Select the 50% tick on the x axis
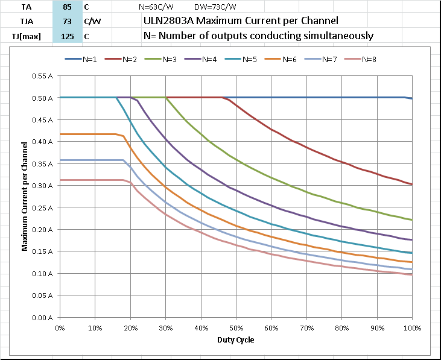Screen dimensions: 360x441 pos(236,327)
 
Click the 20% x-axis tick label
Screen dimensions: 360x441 pos(130,327)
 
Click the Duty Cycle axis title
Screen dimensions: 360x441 pos(236,339)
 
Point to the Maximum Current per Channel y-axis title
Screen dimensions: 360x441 pos(25,196)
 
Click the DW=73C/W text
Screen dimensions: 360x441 pos(215,7)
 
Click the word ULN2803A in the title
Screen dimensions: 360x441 pos(169,21)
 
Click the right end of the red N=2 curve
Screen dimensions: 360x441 pos(411,184)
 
